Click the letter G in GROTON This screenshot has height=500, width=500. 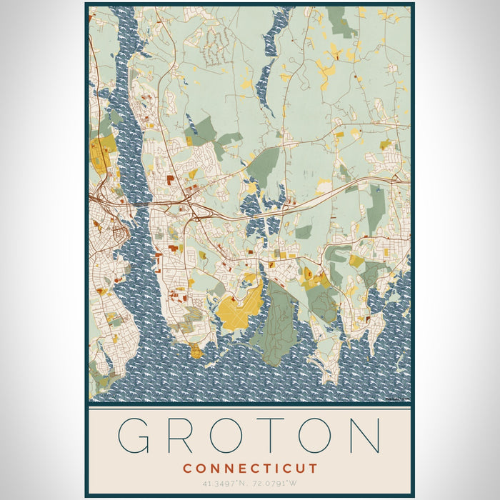point(136,435)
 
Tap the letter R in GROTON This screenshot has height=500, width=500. point(183,435)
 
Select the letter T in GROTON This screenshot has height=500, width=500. point(275,435)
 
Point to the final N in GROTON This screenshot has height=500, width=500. point(363,435)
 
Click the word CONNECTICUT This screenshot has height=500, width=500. point(250,469)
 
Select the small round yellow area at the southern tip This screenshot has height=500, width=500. point(195,350)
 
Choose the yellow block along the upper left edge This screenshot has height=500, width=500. point(101,150)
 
